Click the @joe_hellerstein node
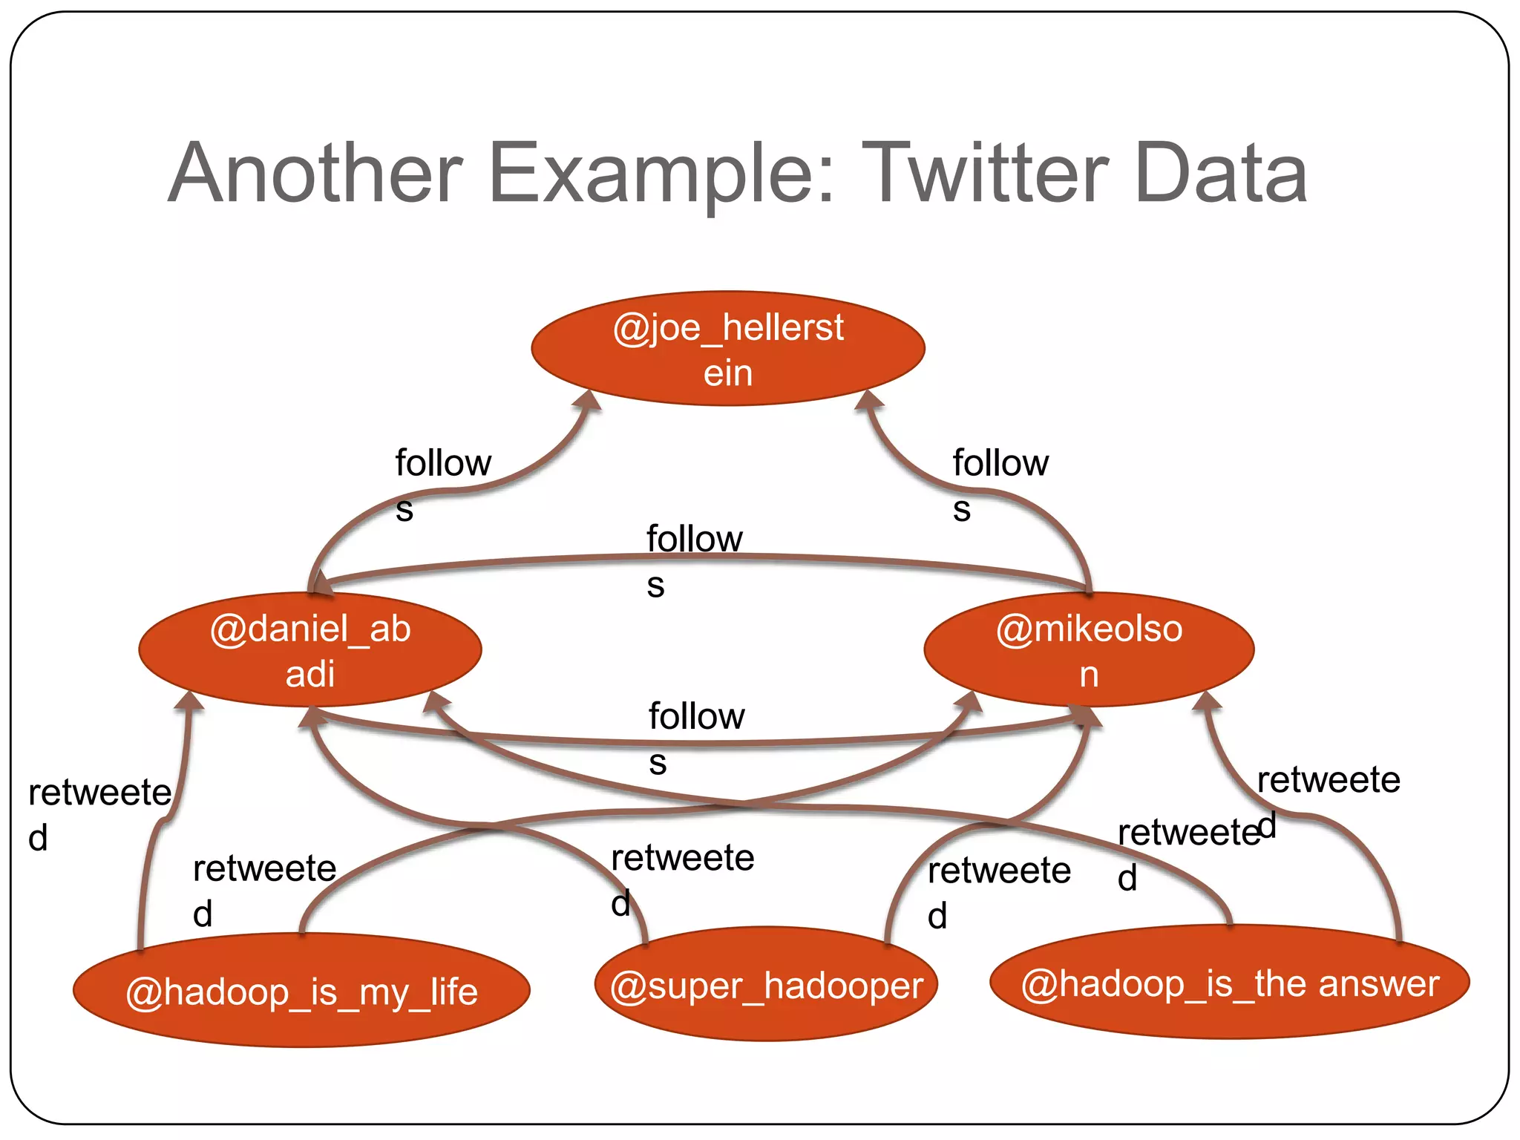pyautogui.click(x=728, y=348)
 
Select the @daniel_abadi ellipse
pyautogui.click(x=310, y=650)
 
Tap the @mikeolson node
pyautogui.click(x=1089, y=650)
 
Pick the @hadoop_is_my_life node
pyautogui.click(x=301, y=992)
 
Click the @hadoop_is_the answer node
pyautogui.click(x=1230, y=983)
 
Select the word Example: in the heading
pyautogui.click(x=661, y=175)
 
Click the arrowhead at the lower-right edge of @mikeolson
pyautogui.click(x=1207, y=701)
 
